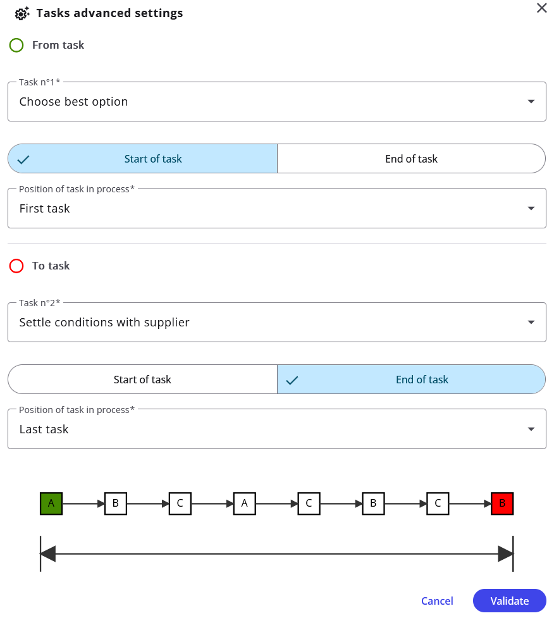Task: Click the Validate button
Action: (509, 601)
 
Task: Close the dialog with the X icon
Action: (542, 8)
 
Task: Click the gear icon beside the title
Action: (22, 13)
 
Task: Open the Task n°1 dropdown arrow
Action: (531, 102)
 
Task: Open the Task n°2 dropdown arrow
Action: (531, 323)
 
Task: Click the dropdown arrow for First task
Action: (531, 209)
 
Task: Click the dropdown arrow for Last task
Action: (531, 430)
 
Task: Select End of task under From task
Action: (411, 158)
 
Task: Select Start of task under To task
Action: (143, 379)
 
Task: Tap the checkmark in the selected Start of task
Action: (23, 159)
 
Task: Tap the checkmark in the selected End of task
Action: (292, 380)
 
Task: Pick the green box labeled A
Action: (51, 504)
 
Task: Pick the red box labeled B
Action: (502, 504)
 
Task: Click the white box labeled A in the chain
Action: (244, 504)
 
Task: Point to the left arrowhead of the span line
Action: (48, 553)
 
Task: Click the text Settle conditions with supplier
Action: (104, 323)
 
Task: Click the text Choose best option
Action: (74, 102)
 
